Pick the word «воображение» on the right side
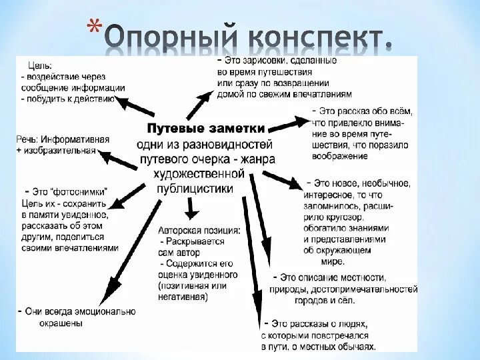point(339,156)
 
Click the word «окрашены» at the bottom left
point(59,323)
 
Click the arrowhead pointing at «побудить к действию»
point(123,100)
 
